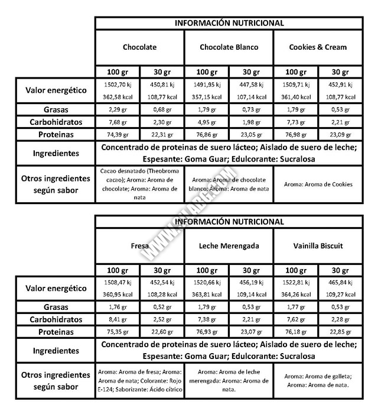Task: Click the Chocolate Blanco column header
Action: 229,47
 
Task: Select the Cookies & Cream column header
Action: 318,47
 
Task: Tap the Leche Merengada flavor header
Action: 229,245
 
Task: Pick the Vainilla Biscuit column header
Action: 318,245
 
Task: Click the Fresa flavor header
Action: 139,245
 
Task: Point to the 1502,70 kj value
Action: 116,85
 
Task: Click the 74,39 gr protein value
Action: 116,135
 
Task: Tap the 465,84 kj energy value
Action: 340,283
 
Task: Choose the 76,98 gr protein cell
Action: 295,135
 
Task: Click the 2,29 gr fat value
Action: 116,109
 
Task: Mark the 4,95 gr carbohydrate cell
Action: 206,122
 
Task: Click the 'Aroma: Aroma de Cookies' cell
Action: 318,184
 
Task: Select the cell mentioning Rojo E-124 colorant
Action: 139,381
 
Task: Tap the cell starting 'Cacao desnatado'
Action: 139,184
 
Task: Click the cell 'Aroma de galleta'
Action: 318,381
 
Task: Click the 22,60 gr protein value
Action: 161,332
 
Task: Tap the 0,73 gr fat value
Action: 250,109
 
